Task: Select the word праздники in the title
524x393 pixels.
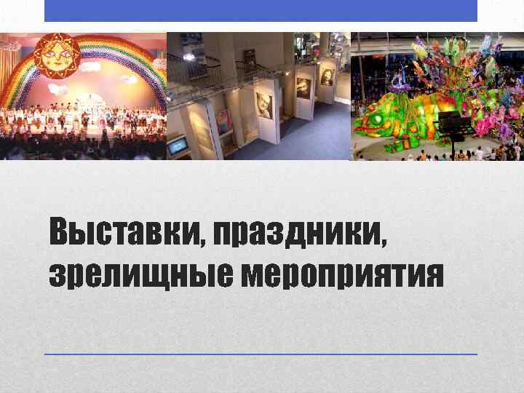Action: [299, 233]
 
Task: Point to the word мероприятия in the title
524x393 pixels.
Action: [342, 274]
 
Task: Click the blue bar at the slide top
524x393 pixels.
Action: [261, 10]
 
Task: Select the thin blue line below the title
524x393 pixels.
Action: [261, 354]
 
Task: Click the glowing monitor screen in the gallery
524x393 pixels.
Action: [177, 146]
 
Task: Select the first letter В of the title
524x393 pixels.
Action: [59, 233]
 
